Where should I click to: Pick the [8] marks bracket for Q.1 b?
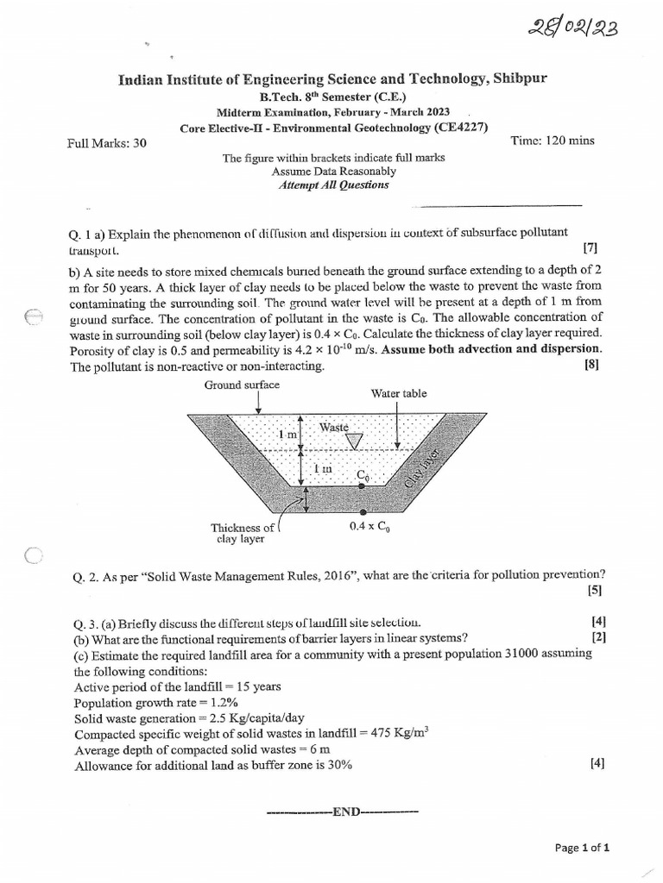click(591, 365)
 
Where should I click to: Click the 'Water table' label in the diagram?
click(399, 393)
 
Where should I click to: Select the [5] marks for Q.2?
click(594, 591)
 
